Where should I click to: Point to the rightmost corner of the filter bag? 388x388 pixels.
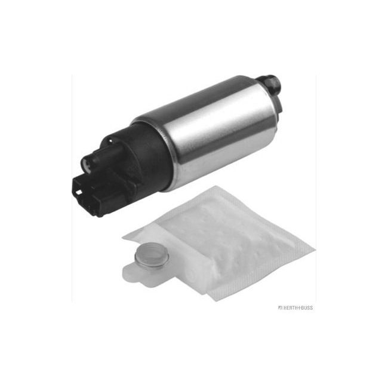(313, 247)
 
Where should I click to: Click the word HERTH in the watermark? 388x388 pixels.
(290, 308)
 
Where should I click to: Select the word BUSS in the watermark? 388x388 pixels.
(306, 308)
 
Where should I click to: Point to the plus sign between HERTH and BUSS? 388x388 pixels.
(298, 308)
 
